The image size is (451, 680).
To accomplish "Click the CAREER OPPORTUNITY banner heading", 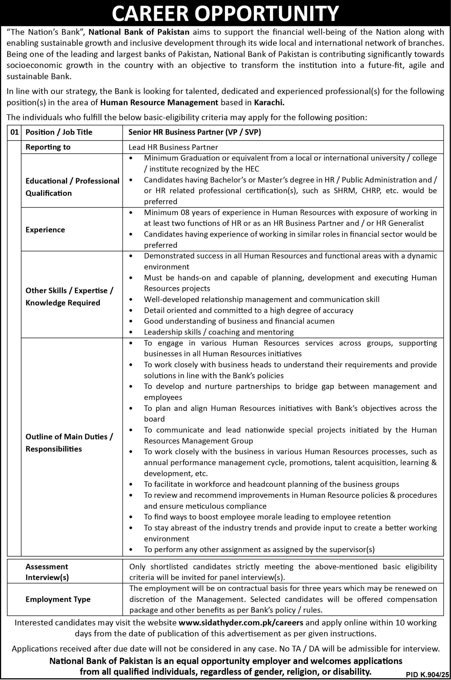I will pos(225,13).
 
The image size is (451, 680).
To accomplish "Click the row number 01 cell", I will pos(14,132).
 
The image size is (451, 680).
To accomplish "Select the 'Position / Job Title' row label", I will pos(59,132).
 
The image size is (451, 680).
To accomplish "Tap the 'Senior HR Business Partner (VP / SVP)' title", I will pos(195,132).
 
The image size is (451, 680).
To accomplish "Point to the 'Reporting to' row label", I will pos(48,147).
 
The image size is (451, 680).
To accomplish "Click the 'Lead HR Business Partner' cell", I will pos(173,147).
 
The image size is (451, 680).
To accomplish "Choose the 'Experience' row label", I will pos(45,230).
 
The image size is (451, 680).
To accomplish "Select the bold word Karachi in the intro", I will pos(269,102).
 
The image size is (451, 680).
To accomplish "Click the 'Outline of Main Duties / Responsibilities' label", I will pos(69,443).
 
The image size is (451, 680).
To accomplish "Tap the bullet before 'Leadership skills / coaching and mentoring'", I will pos(131,332).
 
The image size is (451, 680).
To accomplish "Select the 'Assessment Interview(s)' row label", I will pos(47,572).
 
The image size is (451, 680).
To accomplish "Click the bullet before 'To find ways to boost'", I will pos(131,517).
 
